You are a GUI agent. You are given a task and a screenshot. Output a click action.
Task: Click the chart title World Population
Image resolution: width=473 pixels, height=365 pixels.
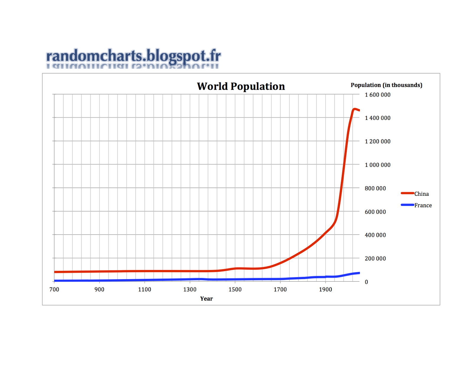(241, 86)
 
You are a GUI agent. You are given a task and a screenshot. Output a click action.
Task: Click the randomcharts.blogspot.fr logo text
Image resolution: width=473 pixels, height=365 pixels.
(134, 56)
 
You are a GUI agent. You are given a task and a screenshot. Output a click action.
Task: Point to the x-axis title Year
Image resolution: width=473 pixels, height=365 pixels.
(206, 299)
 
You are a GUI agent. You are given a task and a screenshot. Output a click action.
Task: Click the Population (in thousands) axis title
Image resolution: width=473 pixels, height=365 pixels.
(386, 85)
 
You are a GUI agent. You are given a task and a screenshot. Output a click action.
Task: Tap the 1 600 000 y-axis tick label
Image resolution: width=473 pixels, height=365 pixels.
(378, 95)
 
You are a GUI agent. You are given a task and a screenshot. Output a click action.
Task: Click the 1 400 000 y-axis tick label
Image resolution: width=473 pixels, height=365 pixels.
(378, 118)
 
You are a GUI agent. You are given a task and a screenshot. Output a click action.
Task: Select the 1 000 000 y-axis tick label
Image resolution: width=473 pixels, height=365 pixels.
(378, 165)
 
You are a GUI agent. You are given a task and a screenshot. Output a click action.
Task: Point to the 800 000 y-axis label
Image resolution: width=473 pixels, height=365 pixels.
(375, 188)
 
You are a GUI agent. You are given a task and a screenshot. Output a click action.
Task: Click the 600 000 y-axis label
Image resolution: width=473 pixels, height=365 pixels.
(375, 212)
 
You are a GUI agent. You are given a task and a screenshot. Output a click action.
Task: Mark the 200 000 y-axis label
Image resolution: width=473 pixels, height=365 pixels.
(375, 258)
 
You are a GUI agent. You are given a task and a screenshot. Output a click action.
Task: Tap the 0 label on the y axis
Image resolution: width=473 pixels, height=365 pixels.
(366, 282)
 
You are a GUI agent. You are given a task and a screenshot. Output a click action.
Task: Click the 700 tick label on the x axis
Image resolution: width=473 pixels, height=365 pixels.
(54, 289)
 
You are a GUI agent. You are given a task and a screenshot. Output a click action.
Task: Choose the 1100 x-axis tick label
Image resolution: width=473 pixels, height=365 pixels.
(145, 289)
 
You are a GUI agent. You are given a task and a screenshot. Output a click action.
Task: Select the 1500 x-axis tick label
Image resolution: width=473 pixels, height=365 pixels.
(235, 289)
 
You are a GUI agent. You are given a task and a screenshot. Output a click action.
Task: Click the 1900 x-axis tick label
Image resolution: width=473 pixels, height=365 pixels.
(325, 289)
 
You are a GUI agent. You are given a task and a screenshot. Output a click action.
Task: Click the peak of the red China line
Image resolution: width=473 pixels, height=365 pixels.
(354, 109)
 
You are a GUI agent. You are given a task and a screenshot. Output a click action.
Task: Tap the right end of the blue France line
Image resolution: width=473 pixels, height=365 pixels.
(359, 273)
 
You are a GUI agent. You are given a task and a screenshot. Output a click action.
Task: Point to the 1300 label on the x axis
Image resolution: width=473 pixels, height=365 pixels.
(190, 289)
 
